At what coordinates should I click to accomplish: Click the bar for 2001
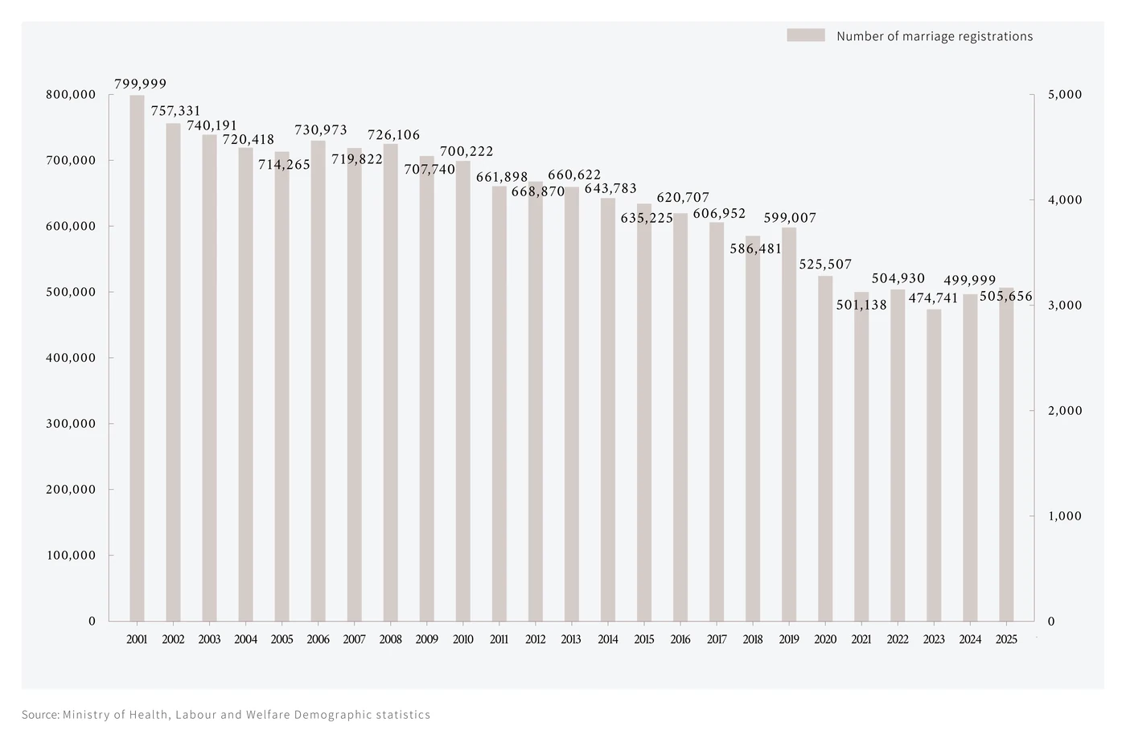[x=137, y=358]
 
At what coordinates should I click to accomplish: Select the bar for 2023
[x=934, y=465]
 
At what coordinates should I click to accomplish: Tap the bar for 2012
[x=536, y=401]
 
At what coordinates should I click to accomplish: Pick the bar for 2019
[x=789, y=425]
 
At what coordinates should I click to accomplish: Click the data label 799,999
[x=140, y=84]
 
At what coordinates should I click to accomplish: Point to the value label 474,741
[x=934, y=298]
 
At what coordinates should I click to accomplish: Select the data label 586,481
[x=755, y=248]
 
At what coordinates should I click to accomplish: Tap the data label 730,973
[x=321, y=129]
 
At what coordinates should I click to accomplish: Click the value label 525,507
[x=825, y=264]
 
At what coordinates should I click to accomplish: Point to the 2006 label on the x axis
[x=318, y=639]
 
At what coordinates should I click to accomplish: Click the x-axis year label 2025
[x=1006, y=639]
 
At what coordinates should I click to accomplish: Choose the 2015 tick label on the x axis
[x=644, y=639]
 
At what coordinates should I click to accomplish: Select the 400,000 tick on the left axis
[x=71, y=358]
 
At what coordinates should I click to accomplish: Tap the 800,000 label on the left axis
[x=71, y=95]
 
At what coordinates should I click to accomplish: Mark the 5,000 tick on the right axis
[x=1065, y=95]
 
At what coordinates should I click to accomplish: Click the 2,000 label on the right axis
[x=1065, y=411]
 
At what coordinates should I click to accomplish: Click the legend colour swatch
[x=806, y=35]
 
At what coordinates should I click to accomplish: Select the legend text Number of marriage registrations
[x=935, y=36]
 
